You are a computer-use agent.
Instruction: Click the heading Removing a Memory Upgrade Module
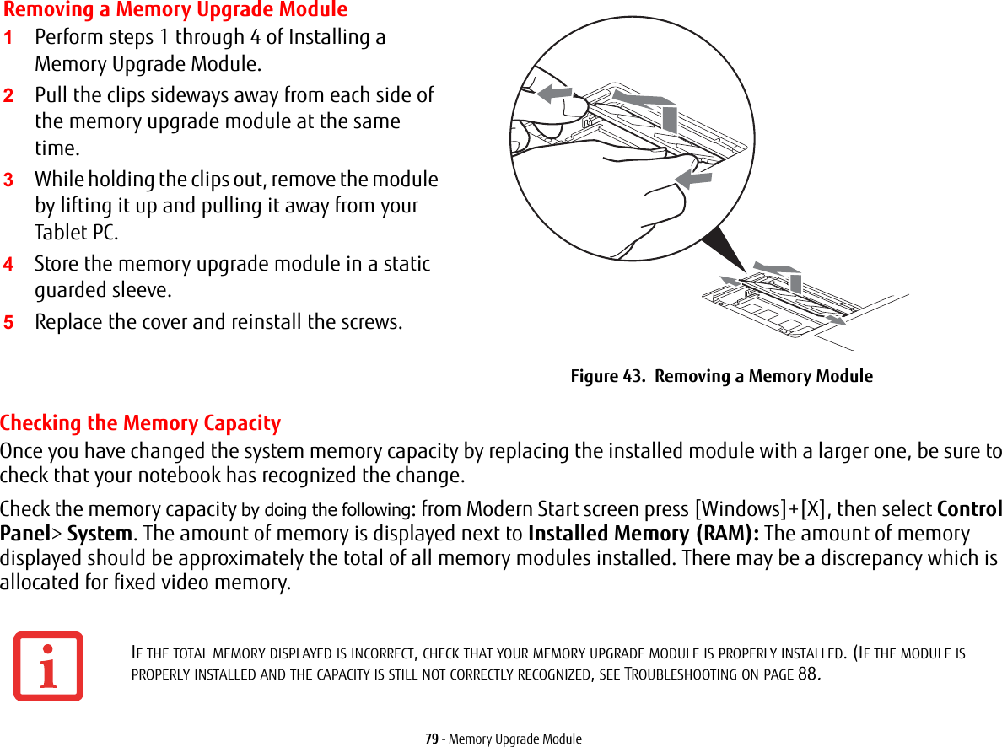point(175,10)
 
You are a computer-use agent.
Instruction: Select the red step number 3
point(8,180)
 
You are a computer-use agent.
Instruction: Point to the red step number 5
point(8,323)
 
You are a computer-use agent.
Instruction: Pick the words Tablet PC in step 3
point(76,233)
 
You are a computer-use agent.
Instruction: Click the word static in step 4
point(406,264)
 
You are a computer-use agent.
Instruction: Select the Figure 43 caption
point(721,376)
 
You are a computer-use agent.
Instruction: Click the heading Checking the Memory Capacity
point(141,423)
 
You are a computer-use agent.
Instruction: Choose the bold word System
point(100,535)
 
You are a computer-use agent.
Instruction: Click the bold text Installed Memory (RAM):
point(643,535)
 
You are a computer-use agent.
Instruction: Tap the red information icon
point(48,666)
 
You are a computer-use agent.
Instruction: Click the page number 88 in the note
point(806,674)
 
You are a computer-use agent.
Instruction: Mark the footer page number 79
point(431,739)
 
